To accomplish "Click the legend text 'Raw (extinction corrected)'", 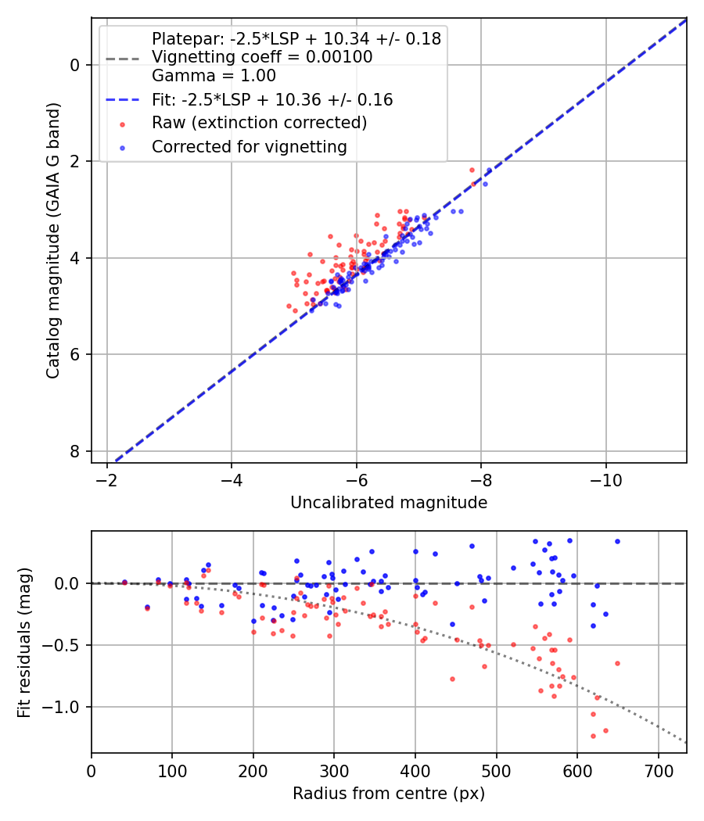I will (259, 123).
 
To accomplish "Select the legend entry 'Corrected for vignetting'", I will (250, 146).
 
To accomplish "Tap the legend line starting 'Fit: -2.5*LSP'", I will (272, 100).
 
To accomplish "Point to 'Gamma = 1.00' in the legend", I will (214, 76).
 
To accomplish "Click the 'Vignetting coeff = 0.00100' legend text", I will (262, 57).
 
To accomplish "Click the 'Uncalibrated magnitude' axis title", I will (389, 503).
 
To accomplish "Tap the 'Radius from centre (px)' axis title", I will (389, 794).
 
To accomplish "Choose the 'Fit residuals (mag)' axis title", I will (25, 642).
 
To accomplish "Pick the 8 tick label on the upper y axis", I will (75, 451).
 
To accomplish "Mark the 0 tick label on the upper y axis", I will (75, 65).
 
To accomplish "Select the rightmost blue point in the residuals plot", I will (617, 541).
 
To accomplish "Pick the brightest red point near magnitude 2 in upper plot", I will (472, 170).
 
